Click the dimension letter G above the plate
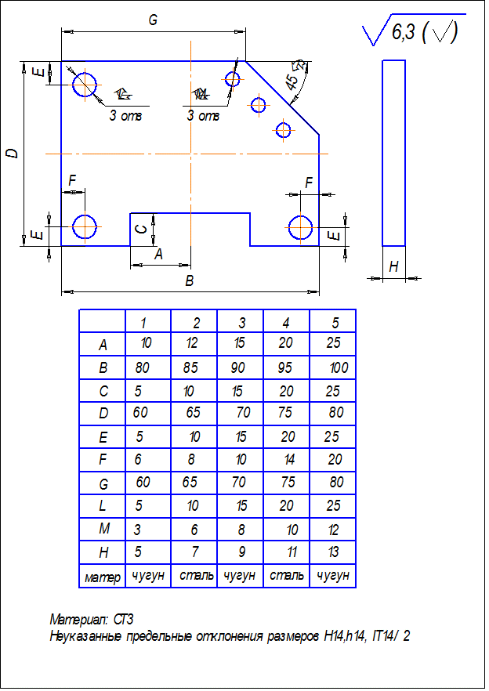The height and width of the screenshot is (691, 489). [154, 21]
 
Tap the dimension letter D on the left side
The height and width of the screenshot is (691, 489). [12, 154]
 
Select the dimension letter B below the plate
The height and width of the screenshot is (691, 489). [189, 280]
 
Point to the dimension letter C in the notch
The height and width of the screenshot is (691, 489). [141, 228]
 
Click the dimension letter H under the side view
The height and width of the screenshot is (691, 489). [393, 267]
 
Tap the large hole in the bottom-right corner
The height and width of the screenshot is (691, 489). [301, 227]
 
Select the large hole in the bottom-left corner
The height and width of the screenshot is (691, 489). [84, 226]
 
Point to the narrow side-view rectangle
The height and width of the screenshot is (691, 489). [393, 152]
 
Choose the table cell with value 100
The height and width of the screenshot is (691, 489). [339, 367]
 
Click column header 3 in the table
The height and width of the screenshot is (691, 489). [242, 323]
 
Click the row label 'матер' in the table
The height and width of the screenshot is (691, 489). [103, 577]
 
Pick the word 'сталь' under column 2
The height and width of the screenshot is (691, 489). [196, 576]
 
